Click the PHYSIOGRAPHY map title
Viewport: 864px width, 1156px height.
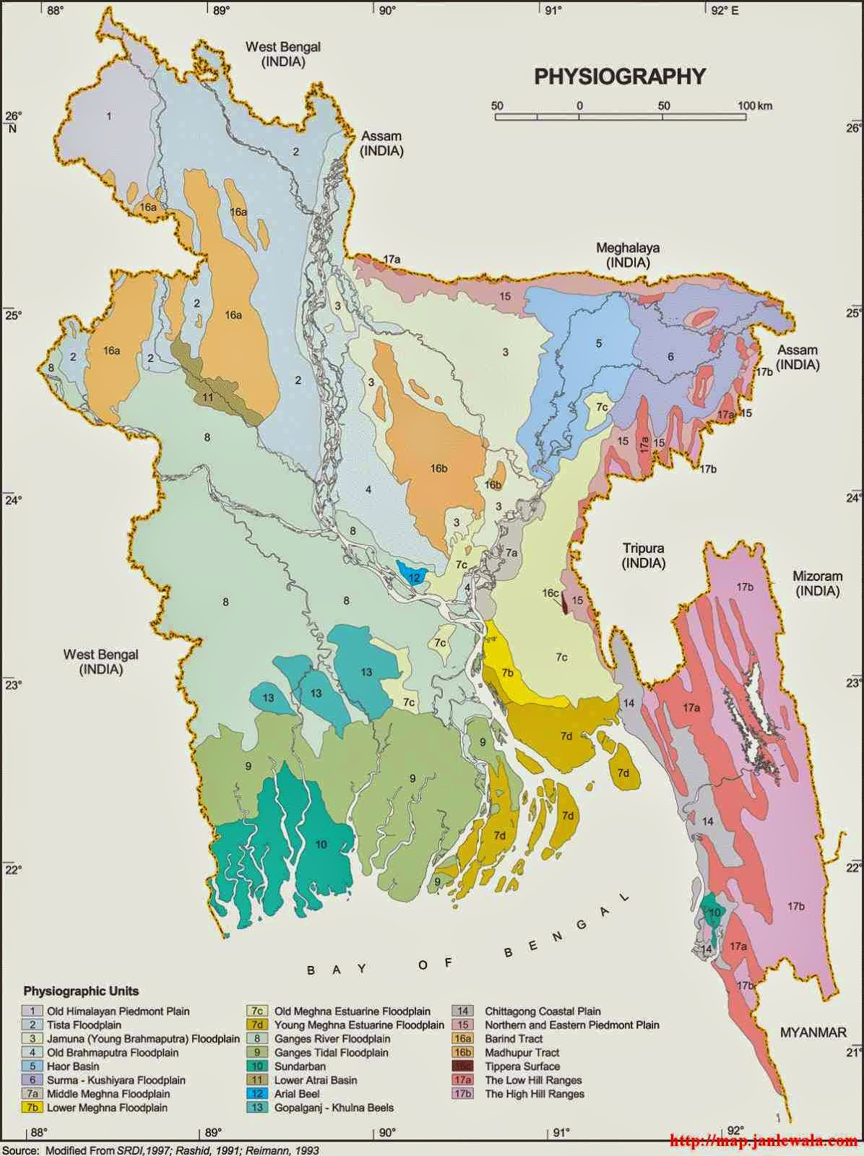click(619, 77)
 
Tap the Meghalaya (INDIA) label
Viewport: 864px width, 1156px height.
click(627, 255)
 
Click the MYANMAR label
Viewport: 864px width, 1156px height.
click(813, 1032)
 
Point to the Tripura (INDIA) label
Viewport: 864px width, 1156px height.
click(643, 555)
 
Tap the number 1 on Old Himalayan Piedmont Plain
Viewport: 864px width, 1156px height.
click(109, 116)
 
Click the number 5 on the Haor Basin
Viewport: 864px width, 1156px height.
click(598, 343)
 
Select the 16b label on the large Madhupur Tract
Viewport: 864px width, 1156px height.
click(439, 468)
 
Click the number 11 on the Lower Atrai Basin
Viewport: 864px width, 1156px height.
click(208, 397)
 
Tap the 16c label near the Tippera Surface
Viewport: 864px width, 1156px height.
click(550, 593)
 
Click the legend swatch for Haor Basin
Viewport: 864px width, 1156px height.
click(32, 1066)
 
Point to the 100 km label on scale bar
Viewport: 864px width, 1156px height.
click(755, 105)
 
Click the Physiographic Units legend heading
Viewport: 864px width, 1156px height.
click(81, 991)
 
